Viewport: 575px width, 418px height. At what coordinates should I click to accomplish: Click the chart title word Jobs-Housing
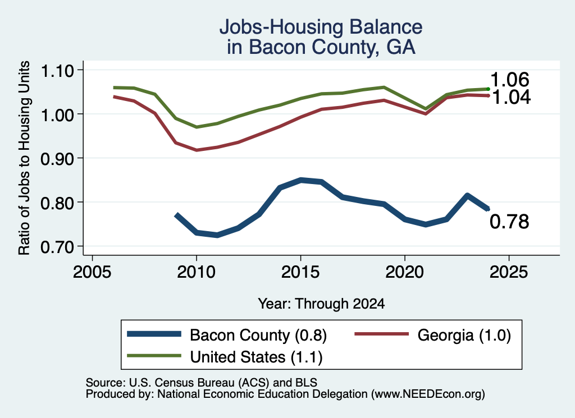281,27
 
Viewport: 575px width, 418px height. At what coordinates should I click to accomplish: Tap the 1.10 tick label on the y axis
57,71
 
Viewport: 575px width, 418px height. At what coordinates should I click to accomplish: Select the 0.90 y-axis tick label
57,159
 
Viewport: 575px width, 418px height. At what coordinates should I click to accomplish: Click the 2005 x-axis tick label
92,272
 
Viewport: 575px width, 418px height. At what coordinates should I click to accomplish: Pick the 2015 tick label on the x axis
300,272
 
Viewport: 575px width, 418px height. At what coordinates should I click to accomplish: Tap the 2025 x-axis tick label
509,272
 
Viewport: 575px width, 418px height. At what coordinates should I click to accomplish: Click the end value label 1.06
510,80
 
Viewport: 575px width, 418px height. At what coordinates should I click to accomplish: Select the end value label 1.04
511,97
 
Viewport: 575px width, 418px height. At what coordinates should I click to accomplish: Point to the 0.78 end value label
509,222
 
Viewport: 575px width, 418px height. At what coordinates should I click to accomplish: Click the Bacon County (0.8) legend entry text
258,335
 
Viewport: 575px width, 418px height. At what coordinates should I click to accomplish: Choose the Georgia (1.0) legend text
464,335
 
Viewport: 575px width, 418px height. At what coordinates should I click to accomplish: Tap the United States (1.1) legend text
256,357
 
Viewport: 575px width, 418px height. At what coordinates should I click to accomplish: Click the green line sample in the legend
154,356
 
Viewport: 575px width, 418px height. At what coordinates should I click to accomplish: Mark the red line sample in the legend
381,334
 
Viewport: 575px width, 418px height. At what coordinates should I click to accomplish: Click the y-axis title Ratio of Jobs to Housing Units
24,158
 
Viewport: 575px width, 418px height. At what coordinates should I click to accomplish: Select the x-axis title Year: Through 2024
321,304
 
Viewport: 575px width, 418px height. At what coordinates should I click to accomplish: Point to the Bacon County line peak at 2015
301,180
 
